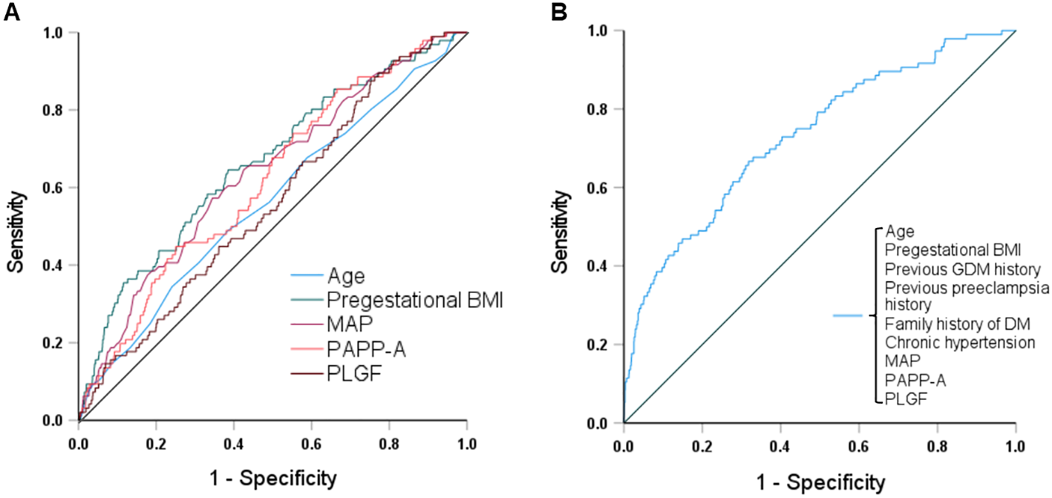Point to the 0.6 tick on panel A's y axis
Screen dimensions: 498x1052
click(x=59, y=187)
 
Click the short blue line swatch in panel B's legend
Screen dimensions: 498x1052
click(x=846, y=316)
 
